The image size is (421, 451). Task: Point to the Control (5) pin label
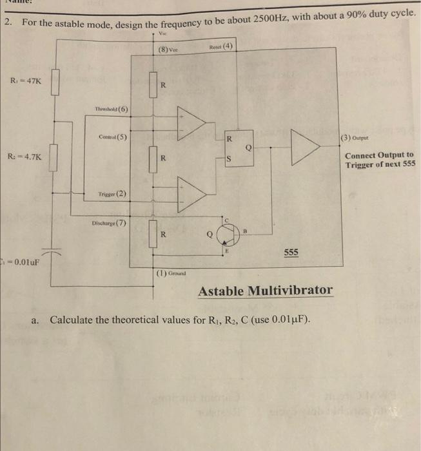point(113,137)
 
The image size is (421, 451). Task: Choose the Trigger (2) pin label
point(113,193)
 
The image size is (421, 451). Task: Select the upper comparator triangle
point(192,122)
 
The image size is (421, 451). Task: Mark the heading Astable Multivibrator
point(266,291)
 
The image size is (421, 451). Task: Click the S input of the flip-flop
point(228,160)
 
